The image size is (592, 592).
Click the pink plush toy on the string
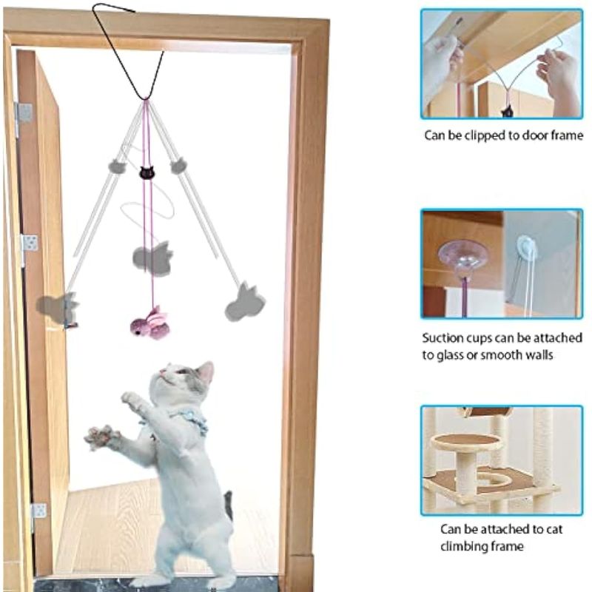coord(149,323)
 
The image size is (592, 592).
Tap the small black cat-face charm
coord(147,172)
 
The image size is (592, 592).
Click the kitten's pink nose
coord(161,372)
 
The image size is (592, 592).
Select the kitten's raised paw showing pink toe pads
coord(101,437)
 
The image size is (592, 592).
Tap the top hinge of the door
coord(24,113)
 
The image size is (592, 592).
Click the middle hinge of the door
coord(30,243)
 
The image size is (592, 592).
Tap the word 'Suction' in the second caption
coord(441,337)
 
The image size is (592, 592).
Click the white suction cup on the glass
coord(526,248)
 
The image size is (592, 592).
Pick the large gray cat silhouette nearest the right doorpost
coord(246,302)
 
